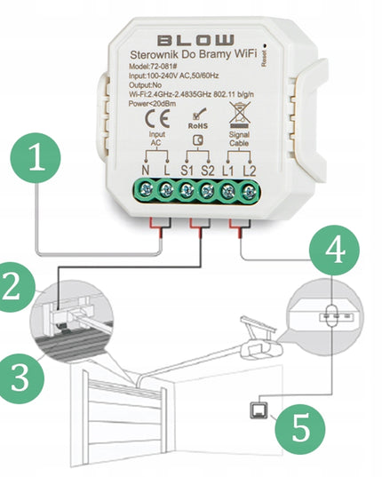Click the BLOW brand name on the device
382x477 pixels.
coord(197,40)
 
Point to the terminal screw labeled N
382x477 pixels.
coord(144,188)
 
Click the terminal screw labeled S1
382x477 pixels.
coord(187,188)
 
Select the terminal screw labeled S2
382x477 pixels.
coord(209,188)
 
